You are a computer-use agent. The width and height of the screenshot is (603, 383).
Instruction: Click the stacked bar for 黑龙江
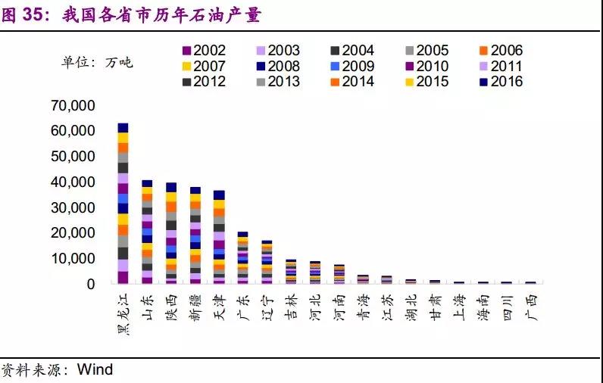pyautogui.click(x=123, y=203)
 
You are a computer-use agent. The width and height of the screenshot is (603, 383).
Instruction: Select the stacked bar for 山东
pyautogui.click(x=147, y=232)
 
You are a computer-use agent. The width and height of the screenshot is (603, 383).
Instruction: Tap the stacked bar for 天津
pyautogui.click(x=219, y=237)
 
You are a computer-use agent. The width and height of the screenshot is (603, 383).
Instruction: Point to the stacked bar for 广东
pyautogui.click(x=242, y=257)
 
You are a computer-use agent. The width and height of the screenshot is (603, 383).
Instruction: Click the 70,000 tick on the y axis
pyautogui.click(x=73, y=105)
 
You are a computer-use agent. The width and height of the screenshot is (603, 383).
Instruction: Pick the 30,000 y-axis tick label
pyautogui.click(x=73, y=207)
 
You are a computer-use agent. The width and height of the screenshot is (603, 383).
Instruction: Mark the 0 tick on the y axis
pyautogui.click(x=90, y=285)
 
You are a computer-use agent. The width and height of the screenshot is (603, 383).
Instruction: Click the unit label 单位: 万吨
pyautogui.click(x=97, y=62)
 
